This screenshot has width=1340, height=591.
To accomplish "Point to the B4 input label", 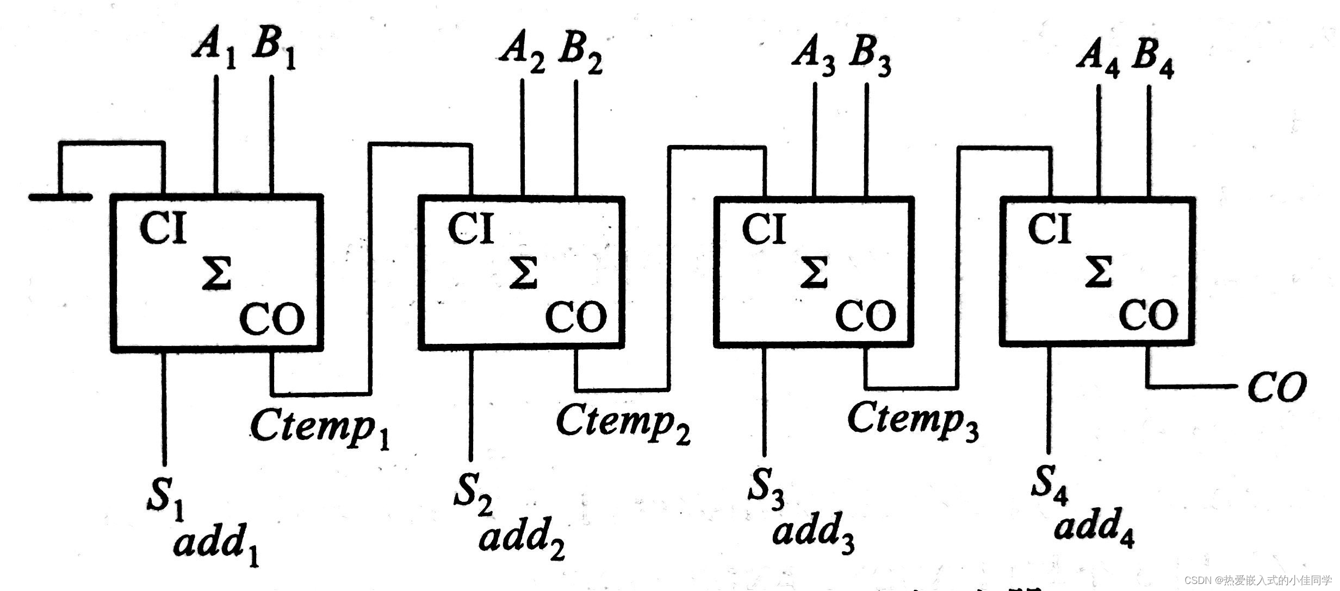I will tap(1152, 61).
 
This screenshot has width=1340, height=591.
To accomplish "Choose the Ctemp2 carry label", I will tap(622, 424).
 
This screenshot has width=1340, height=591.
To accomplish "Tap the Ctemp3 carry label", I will tap(913, 421).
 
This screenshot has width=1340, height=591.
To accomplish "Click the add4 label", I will tap(1093, 526).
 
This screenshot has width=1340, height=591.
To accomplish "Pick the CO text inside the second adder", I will tap(576, 317).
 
